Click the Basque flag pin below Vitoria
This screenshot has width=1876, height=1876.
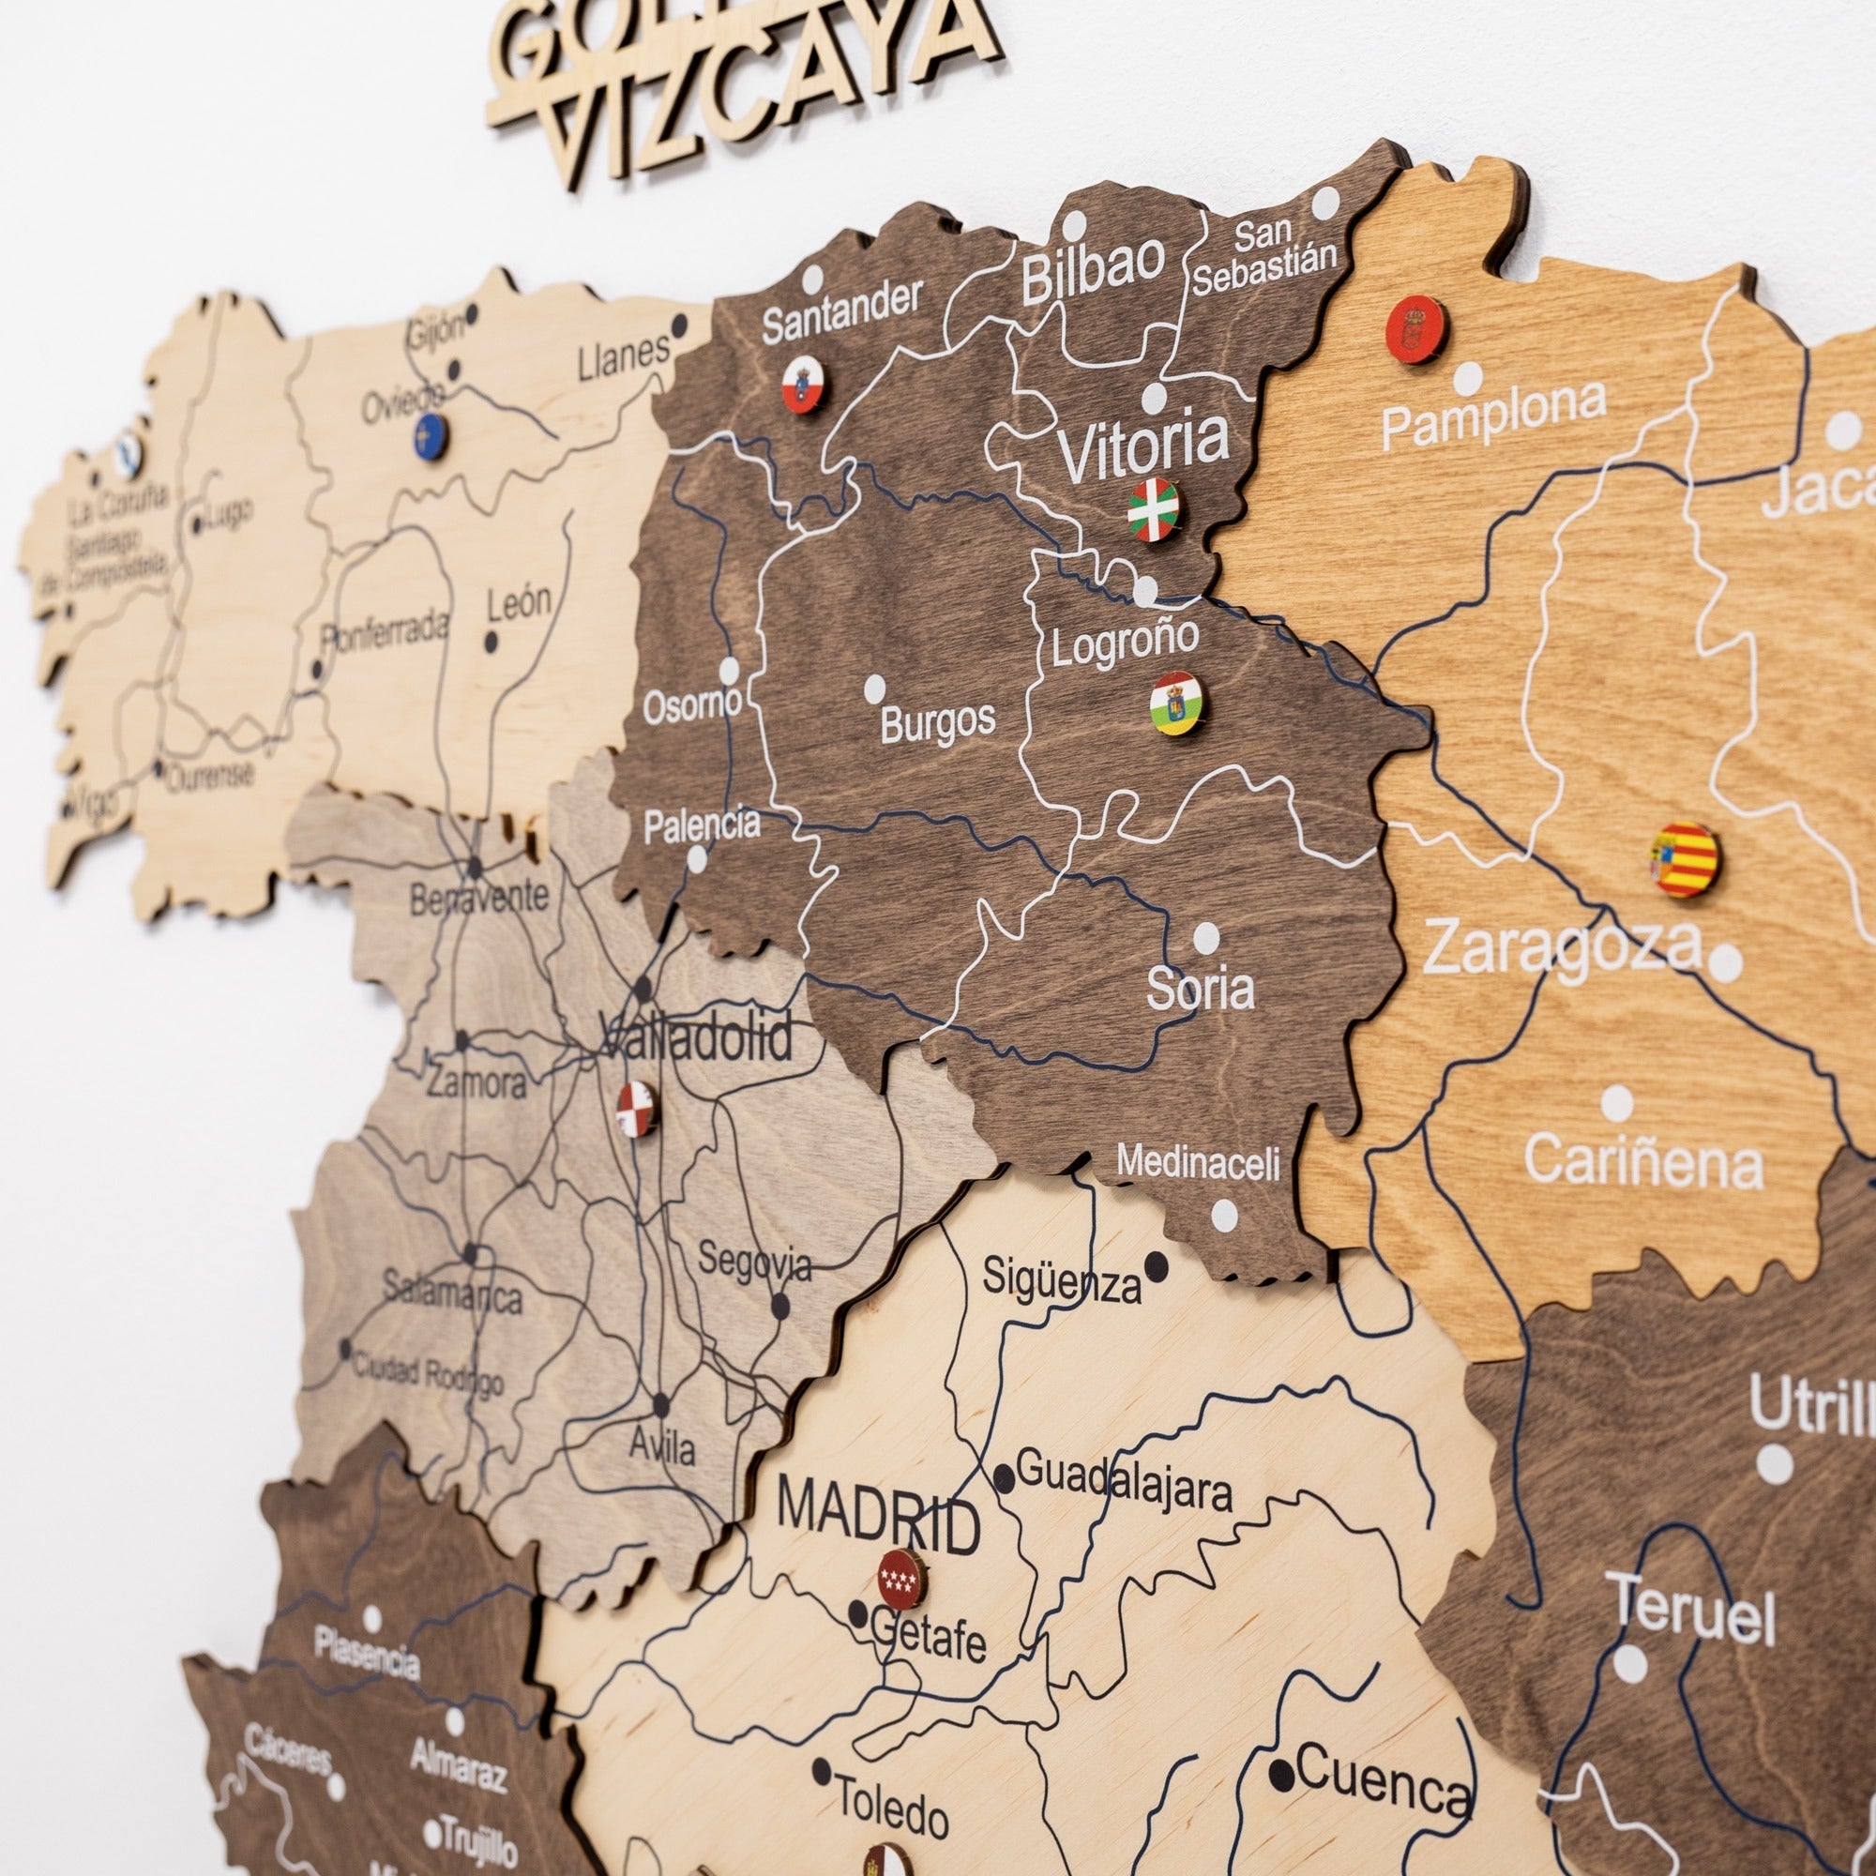[1153, 509]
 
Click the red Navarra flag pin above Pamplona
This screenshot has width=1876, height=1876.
[1415, 329]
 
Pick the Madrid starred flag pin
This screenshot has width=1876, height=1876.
[902, 1579]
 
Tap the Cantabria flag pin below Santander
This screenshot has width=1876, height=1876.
[804, 385]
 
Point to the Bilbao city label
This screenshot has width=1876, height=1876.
[1094, 267]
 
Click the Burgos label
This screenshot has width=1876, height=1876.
[938, 721]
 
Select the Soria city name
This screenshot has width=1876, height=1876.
[1201, 989]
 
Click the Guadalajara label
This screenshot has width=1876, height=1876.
[1125, 1487]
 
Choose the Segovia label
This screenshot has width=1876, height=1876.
[754, 1263]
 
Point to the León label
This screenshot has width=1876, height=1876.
[519, 603]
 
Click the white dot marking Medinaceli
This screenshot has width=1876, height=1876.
[1224, 1214]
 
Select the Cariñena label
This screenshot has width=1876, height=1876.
[1643, 1161]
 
